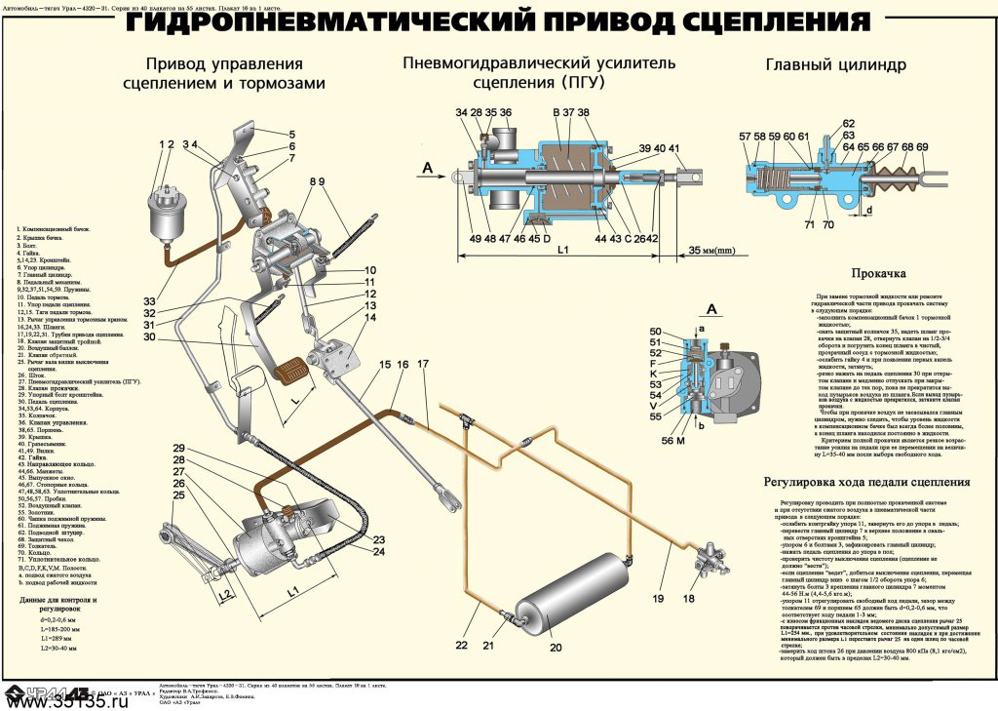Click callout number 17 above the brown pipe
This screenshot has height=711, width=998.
coord(421,365)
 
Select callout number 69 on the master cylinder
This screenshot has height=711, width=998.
coord(922,147)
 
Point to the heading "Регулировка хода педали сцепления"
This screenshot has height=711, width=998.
coord(866,482)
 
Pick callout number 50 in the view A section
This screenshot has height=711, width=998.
coord(655,333)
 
